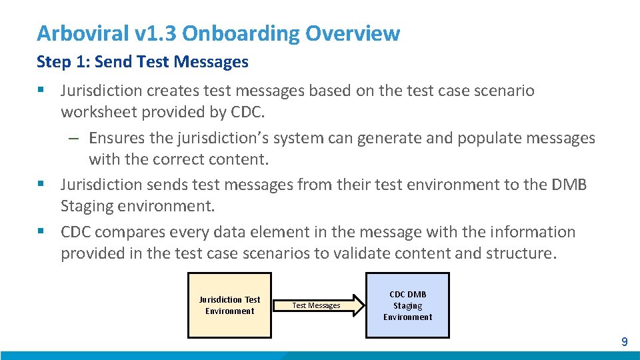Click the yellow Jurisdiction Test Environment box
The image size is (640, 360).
(229, 305)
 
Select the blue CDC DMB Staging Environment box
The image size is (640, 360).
(407, 305)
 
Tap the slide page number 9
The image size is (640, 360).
(624, 342)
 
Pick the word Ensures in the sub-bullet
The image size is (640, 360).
(115, 138)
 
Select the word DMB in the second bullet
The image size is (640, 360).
(568, 184)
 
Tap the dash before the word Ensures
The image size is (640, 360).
(74, 138)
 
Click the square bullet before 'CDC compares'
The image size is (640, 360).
(41, 232)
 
